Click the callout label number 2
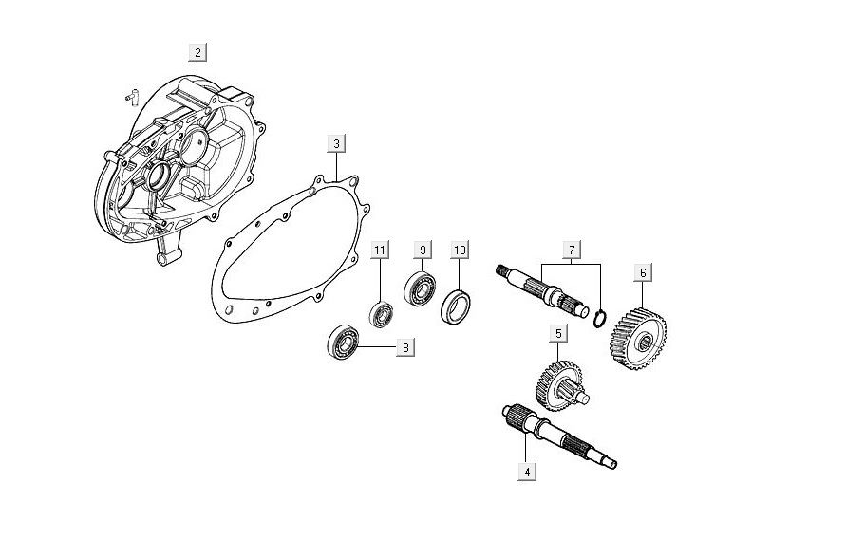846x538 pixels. (x=197, y=52)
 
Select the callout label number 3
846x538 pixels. (x=336, y=143)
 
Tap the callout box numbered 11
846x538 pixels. (x=380, y=250)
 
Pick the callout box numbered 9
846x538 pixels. (x=422, y=250)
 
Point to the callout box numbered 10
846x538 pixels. (x=460, y=250)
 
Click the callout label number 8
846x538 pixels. (x=405, y=347)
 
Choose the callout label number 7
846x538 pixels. (x=572, y=250)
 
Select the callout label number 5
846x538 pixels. (x=559, y=333)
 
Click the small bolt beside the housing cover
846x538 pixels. (x=131, y=94)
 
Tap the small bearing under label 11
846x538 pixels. (x=381, y=312)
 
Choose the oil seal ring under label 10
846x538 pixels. (x=458, y=307)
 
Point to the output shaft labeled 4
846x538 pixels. (x=560, y=437)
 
